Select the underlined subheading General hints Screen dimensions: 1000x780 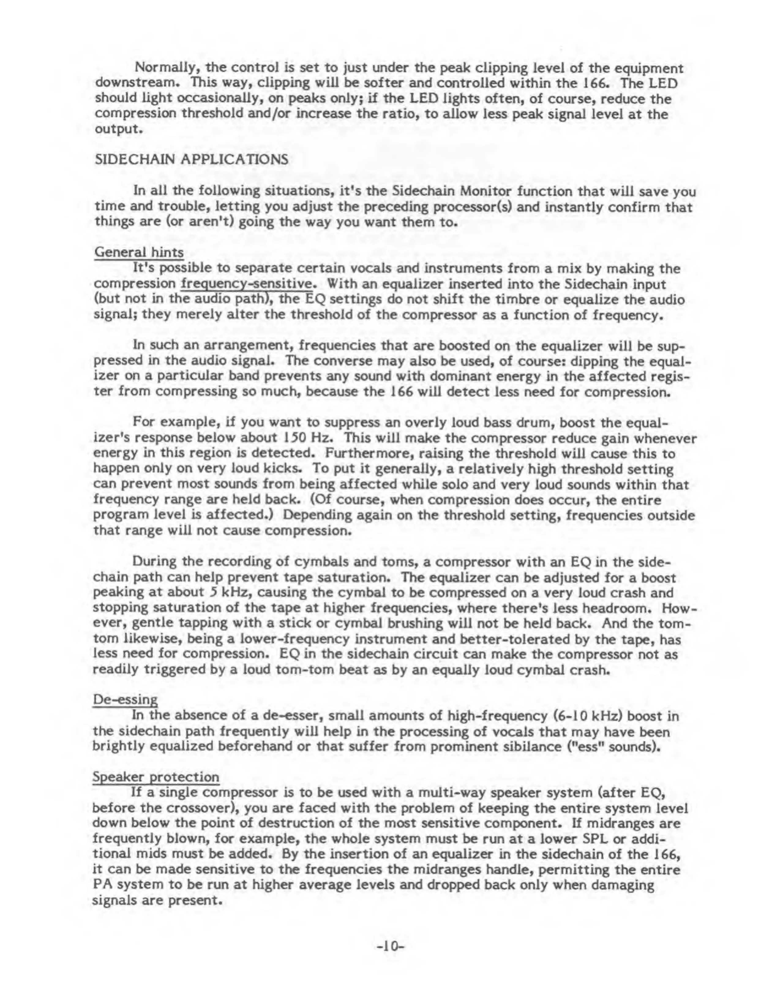click(x=139, y=252)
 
